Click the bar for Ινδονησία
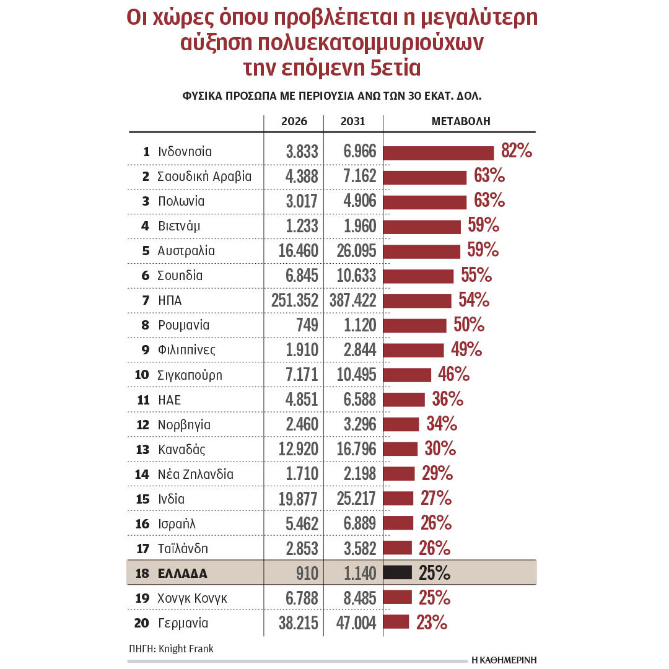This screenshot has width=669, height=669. point(439,152)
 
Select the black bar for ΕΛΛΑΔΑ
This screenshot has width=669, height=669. point(398,573)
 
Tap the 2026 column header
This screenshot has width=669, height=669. point(294,121)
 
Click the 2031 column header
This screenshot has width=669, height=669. point(352,121)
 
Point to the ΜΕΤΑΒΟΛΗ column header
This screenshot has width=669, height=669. point(461,121)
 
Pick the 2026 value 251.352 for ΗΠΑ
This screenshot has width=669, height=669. point(295,301)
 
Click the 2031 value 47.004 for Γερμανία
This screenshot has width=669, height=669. point(352,623)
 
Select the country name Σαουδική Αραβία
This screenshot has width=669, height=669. point(204,177)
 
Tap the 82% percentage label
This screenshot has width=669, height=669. point(515,152)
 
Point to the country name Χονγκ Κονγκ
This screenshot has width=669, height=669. point(193,598)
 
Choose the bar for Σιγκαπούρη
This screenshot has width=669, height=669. point(407,375)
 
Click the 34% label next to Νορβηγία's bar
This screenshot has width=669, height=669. point(442,424)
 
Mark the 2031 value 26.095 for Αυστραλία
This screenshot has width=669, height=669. point(352,251)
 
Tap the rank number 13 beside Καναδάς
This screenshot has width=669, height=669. point(142,450)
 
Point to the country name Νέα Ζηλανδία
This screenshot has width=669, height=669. point(196,474)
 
